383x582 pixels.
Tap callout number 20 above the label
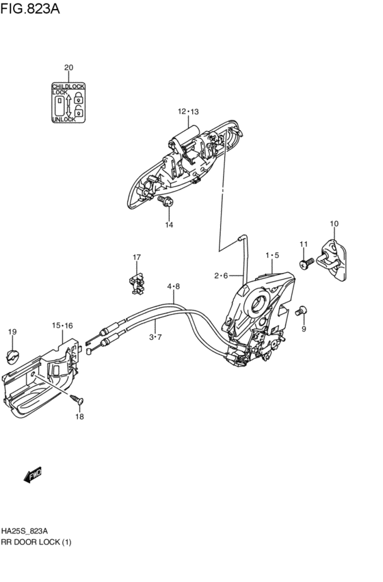[x=68, y=67]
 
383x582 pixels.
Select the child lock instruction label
[x=68, y=103]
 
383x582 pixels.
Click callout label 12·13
[x=188, y=111]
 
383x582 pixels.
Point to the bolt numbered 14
[x=166, y=202]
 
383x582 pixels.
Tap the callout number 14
[x=168, y=224]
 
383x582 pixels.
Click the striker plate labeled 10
[x=334, y=262]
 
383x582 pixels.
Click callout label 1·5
[x=272, y=255]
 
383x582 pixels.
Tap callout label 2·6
[x=220, y=276]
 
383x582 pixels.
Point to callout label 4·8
[x=173, y=287]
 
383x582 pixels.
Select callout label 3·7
[x=156, y=337]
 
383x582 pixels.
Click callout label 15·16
[x=62, y=326]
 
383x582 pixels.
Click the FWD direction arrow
[x=32, y=475]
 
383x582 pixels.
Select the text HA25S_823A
[x=24, y=531]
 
